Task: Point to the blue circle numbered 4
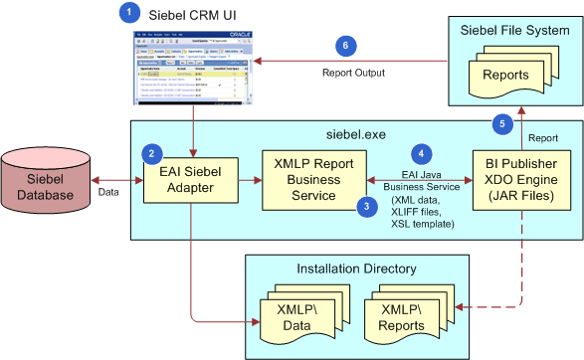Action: coord(423,154)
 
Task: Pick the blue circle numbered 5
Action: coord(502,123)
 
